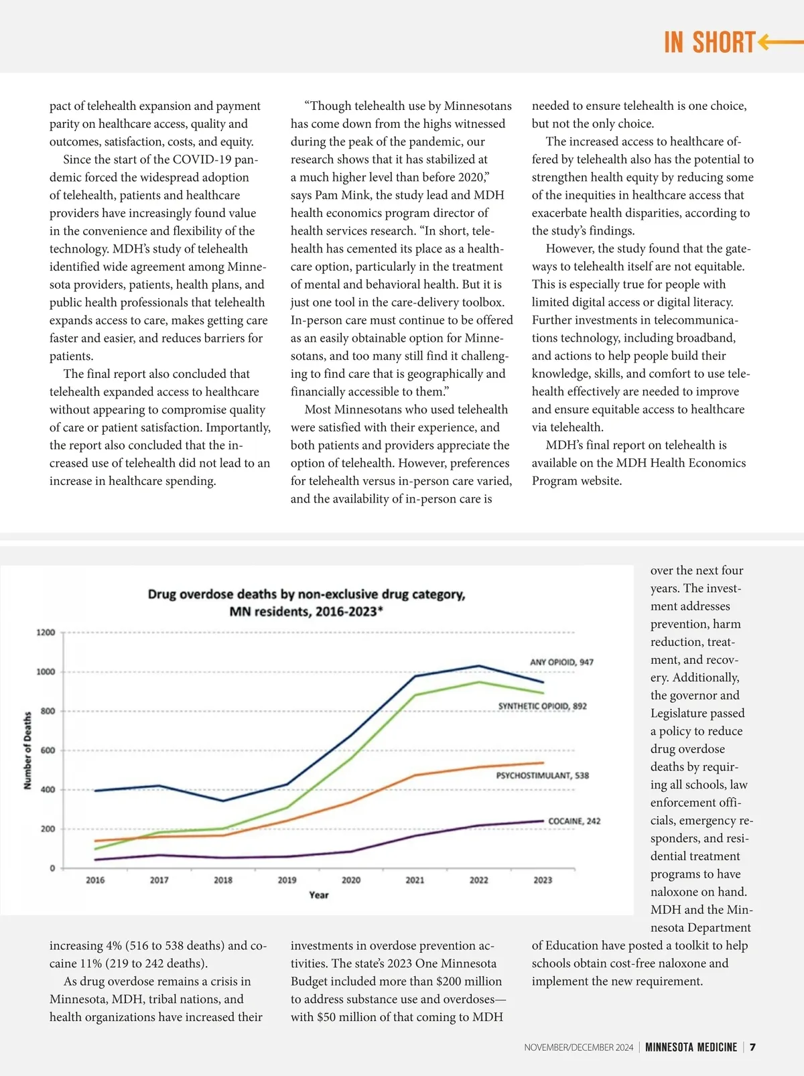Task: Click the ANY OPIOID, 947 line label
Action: pos(561,662)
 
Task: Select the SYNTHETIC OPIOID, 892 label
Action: pos(542,706)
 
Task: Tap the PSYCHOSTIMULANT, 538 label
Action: pos(542,775)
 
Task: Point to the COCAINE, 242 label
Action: pos(574,821)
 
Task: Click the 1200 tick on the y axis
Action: pos(46,632)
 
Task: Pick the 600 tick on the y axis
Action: pos(48,750)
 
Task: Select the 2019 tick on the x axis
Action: pos(287,880)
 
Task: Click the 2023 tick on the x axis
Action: pos(543,880)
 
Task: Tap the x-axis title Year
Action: pos(319,895)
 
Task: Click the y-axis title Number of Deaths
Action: pos(27,750)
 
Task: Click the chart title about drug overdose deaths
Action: pos(306,602)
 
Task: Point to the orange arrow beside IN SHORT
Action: pos(781,42)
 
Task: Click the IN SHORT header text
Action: pos(710,42)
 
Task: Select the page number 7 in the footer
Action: pos(753,1047)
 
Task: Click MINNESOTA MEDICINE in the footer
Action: pos(691,1047)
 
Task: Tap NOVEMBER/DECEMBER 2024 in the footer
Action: pos(578,1047)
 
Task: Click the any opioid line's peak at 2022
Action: pos(478,665)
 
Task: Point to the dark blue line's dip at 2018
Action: pos(223,801)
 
